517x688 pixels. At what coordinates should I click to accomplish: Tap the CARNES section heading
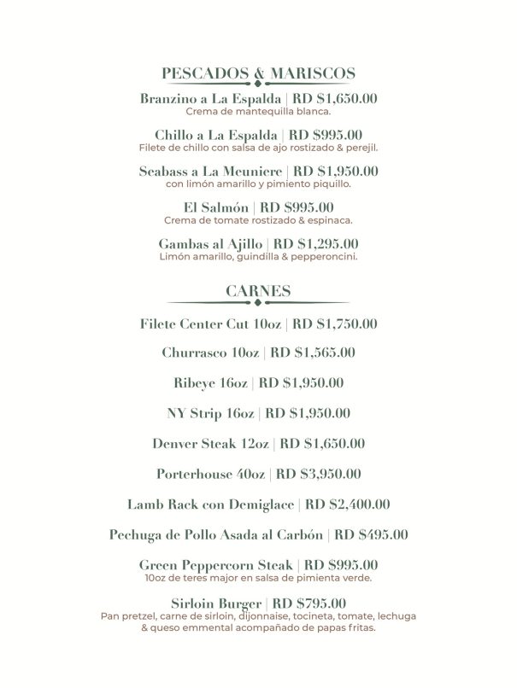point(258,292)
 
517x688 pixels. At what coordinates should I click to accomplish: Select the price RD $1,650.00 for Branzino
point(335,99)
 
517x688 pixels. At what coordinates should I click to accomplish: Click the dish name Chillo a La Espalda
point(216,135)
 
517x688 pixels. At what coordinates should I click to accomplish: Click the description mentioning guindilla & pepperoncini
point(258,256)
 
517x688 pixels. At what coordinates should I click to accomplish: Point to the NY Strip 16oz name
point(210,413)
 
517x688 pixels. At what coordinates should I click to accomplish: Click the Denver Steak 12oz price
point(322,443)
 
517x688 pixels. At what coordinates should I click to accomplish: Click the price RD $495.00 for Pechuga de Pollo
point(371,535)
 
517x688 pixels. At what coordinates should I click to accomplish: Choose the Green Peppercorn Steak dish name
point(217,565)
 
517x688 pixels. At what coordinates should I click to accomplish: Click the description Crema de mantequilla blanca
point(258,111)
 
